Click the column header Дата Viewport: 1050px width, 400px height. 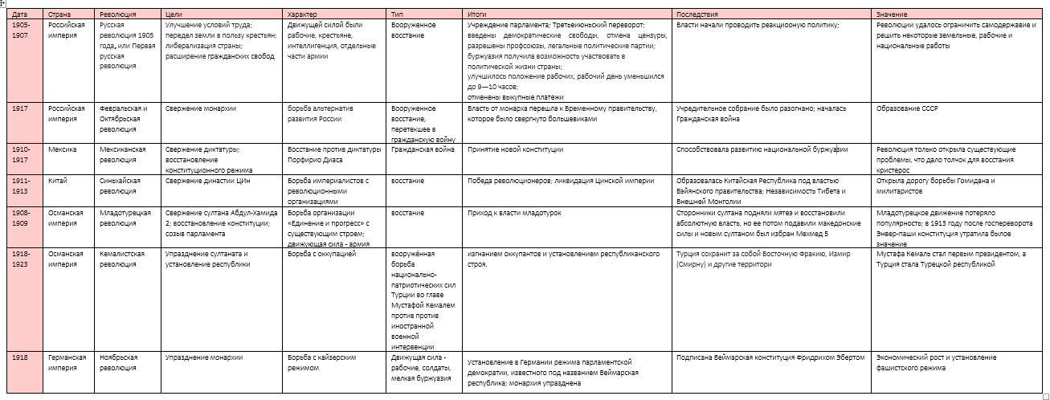click(x=20, y=14)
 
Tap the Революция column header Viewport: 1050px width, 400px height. click(x=118, y=14)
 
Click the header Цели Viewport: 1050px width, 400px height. click(x=173, y=14)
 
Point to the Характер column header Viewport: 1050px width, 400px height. click(x=303, y=14)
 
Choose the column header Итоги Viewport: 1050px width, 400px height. click(x=476, y=14)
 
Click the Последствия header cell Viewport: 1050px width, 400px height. click(x=697, y=14)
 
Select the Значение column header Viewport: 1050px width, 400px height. click(x=892, y=14)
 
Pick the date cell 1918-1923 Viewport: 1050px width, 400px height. click(x=22, y=259)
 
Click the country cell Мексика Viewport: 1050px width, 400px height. click(x=62, y=149)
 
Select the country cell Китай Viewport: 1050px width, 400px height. click(x=58, y=181)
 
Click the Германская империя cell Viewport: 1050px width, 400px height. click(x=67, y=362)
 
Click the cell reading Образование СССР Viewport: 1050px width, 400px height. click(x=907, y=108)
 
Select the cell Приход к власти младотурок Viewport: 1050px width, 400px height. click(x=514, y=213)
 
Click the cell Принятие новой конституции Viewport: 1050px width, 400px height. click(x=515, y=149)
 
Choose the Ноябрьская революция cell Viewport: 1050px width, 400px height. click(x=119, y=362)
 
